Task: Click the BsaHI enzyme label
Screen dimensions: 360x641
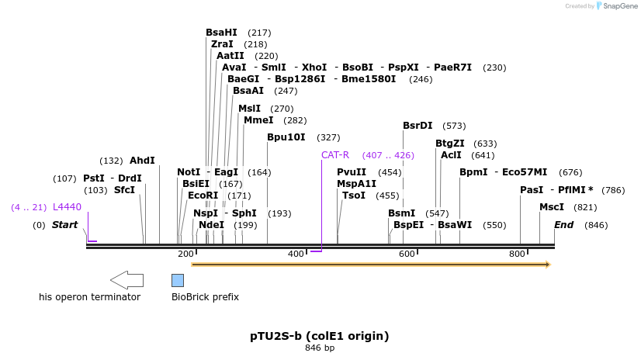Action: (x=221, y=33)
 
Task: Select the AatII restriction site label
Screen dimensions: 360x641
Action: (x=230, y=56)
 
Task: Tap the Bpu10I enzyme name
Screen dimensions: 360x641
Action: (x=286, y=137)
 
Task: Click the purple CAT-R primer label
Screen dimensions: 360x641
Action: (x=335, y=155)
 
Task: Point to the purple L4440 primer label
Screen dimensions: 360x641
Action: (x=67, y=207)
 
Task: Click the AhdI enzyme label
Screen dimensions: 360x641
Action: (x=142, y=161)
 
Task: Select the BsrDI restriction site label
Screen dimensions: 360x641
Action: (x=418, y=126)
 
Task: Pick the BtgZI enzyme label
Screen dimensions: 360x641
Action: (x=450, y=144)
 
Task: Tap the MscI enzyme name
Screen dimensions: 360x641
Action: (x=552, y=207)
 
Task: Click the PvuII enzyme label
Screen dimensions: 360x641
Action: (x=352, y=172)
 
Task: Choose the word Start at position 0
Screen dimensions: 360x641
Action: (x=65, y=225)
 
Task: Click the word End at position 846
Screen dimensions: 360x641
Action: (x=563, y=225)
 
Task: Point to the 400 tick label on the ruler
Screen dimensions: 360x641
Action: (x=296, y=254)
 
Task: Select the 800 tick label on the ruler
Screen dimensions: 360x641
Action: (x=517, y=254)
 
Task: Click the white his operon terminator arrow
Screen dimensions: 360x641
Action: (x=126, y=280)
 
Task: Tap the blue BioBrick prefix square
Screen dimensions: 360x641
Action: (x=178, y=280)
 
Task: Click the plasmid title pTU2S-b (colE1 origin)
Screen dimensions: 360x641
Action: (x=320, y=336)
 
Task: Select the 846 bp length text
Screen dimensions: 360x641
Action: (x=320, y=348)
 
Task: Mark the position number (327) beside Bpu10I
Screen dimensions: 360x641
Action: (x=328, y=137)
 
